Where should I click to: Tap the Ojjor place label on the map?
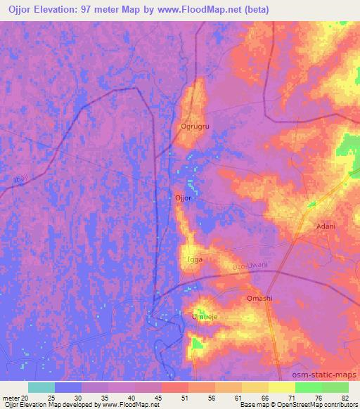183,199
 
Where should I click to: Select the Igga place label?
195,259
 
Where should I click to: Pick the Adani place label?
326,226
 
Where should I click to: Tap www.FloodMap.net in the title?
207,8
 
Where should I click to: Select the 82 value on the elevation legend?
345,398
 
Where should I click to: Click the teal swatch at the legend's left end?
41,387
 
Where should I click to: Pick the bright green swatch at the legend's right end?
335,387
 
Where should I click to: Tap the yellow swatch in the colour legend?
281,387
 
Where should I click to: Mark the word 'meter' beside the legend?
12,398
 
